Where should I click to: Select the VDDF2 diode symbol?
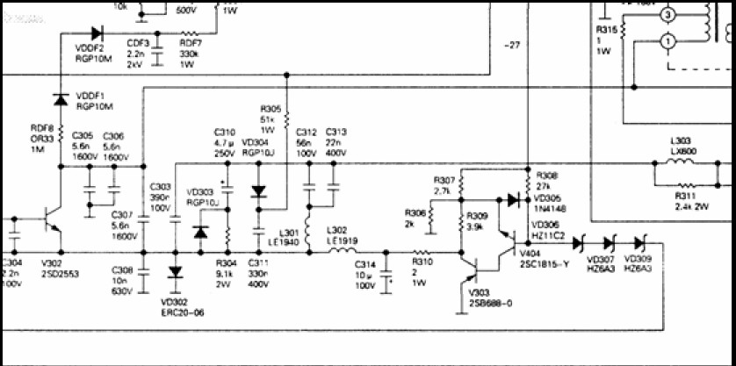97,33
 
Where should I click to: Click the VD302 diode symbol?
175,271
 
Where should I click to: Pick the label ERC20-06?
184,312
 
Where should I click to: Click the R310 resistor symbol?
421,254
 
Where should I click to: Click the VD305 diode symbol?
512,199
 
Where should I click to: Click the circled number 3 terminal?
667,15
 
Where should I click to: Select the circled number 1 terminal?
667,40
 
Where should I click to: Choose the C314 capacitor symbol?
385,282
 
